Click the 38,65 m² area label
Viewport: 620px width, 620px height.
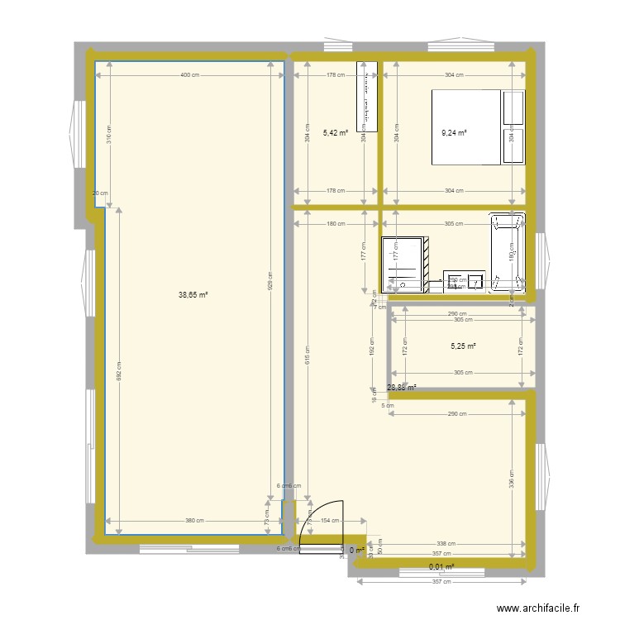point(193,293)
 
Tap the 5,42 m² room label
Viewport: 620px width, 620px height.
point(336,131)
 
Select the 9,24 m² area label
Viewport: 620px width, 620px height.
point(454,131)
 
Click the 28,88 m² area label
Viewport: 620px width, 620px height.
point(402,386)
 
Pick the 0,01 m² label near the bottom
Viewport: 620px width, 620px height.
point(441,566)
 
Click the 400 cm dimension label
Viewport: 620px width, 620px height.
point(191,75)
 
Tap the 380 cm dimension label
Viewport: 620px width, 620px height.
point(193,521)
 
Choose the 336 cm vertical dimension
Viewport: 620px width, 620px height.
point(511,479)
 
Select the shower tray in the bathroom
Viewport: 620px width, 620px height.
point(405,265)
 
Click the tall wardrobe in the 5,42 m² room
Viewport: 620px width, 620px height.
point(365,97)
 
